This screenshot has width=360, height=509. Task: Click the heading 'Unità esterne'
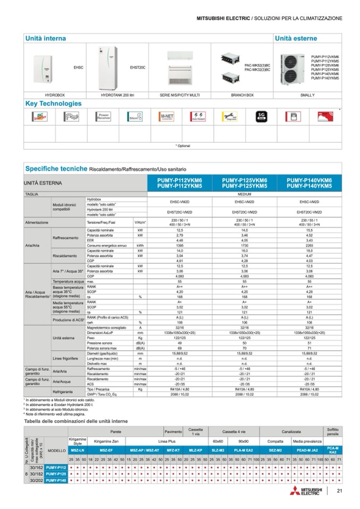[x=296, y=39]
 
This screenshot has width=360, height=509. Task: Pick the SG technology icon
[x=260, y=117]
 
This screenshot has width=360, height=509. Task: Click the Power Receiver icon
[x=103, y=117]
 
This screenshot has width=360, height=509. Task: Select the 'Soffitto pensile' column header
[x=333, y=431]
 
